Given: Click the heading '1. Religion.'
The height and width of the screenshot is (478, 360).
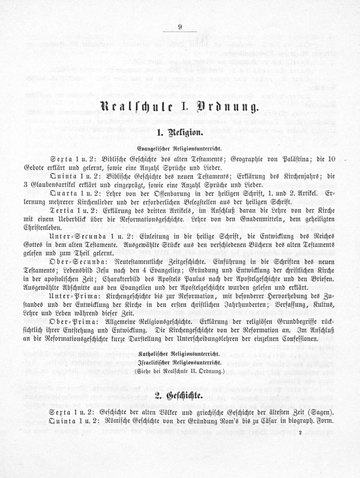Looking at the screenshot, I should pyautogui.click(x=180, y=132).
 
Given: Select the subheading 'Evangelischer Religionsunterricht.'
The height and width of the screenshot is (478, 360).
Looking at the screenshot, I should pyautogui.click(x=180, y=148).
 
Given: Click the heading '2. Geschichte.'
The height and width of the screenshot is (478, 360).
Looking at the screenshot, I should pyautogui.click(x=180, y=397).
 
